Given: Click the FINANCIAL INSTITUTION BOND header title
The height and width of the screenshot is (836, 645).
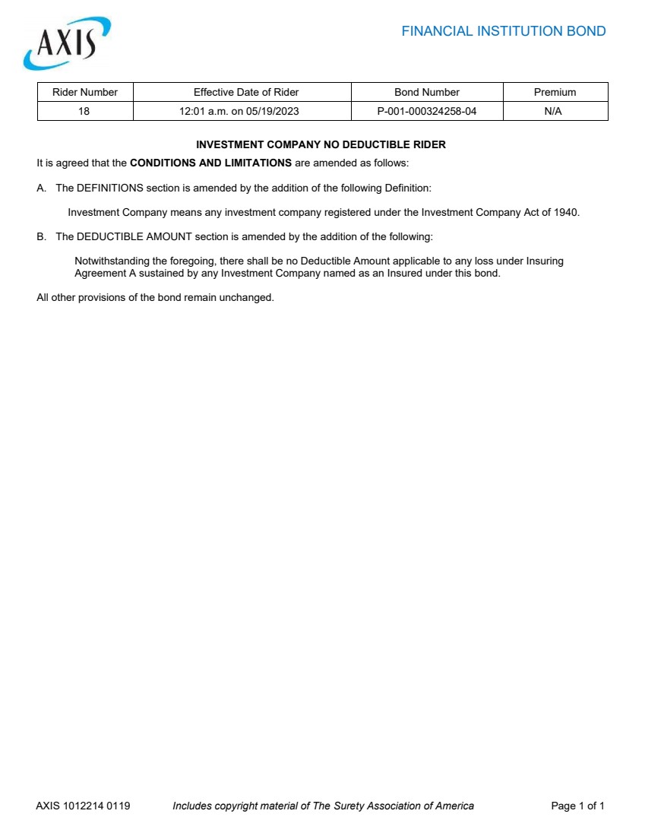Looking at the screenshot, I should point(503,31).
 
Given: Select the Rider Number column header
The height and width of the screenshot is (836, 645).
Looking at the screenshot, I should point(85,92).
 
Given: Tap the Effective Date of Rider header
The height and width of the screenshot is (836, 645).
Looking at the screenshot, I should point(246,92).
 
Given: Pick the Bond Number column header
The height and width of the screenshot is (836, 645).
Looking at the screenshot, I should point(427,92).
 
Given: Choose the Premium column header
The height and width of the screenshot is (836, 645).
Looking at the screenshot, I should point(555,92).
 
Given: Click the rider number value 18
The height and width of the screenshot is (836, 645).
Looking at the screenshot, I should point(84,111).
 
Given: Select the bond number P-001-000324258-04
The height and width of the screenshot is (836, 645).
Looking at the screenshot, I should point(427,111).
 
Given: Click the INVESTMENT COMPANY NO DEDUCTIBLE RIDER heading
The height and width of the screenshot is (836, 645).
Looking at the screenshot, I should point(321,144).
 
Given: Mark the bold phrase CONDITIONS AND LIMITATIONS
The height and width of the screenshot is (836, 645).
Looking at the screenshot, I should point(211,163).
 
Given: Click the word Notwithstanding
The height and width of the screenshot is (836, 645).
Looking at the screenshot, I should point(111,261).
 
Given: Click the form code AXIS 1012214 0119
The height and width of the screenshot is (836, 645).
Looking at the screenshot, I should point(83,806).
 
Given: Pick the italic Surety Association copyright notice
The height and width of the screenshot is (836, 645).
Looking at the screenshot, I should point(323,806).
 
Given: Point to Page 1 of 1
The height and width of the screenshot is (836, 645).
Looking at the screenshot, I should point(577,806).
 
